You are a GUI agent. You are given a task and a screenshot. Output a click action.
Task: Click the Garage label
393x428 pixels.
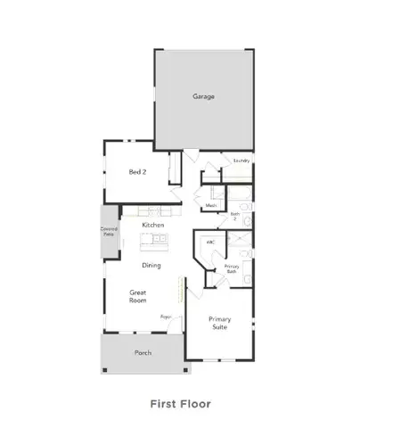pos(204,96)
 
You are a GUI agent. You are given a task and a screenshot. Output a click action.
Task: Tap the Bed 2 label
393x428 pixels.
pos(136,172)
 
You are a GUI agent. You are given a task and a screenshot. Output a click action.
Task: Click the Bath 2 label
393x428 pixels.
pos(235,216)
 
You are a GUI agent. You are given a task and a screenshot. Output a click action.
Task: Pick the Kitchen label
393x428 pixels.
pos(152,226)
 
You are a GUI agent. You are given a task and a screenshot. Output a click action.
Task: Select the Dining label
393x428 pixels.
pos(152,265)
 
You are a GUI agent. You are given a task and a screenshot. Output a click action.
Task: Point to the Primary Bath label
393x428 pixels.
pos(232,267)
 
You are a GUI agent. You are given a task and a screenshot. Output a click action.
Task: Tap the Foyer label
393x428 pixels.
pos(166,317)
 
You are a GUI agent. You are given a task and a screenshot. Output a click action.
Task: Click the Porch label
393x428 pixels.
pos(143,353)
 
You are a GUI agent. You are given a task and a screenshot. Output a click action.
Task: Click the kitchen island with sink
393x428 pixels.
pos(153,238)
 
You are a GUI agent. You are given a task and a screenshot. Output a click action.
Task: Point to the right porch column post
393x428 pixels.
pos(186,367)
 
